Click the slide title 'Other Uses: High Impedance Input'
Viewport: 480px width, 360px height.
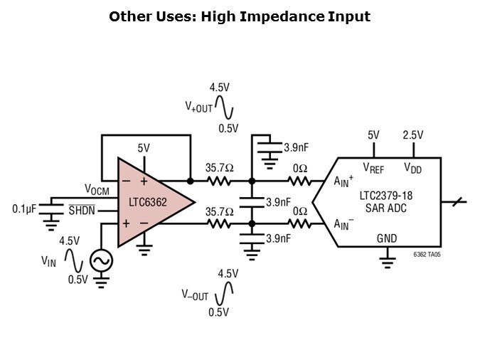click(x=240, y=16)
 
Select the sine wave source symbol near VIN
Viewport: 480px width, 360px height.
click(x=100, y=261)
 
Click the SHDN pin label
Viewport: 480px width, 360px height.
click(x=82, y=210)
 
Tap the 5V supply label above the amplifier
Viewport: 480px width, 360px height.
click(x=145, y=149)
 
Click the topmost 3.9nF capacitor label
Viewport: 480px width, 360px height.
click(x=297, y=148)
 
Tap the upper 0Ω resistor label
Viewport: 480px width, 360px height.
click(x=299, y=169)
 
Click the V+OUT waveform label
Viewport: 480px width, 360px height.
click(x=199, y=107)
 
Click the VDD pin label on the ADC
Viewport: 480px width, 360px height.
click(x=412, y=168)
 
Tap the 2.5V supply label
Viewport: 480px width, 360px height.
click(x=412, y=135)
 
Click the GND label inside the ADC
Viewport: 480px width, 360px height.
click(x=388, y=238)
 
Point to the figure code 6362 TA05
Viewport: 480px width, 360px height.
click(x=427, y=254)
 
